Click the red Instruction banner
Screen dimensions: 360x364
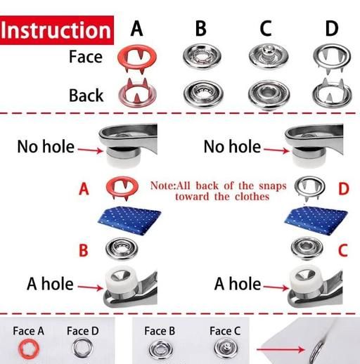coord(57,30)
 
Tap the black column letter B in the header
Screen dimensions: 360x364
coord(201,29)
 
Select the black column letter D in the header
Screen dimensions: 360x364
coord(332,29)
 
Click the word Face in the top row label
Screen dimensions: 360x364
coord(86,57)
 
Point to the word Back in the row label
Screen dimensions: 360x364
coord(86,96)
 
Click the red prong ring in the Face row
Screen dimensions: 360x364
coord(136,57)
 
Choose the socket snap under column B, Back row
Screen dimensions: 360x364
coord(203,93)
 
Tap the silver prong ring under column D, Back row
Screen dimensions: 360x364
coord(332,93)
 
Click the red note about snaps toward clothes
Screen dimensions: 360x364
coord(219,191)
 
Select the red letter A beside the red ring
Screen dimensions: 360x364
coord(84,189)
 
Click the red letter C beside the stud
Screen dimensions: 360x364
coord(343,250)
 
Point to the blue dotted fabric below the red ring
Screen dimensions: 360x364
coord(129,220)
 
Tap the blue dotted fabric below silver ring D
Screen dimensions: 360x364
coord(316,220)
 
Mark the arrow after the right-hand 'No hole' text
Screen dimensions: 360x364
coord(276,150)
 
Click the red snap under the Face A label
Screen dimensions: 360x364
coord(29,348)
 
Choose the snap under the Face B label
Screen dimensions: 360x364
coord(161,350)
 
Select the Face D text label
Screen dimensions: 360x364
coord(83,331)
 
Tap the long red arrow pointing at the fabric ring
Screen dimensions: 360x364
coord(281,350)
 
